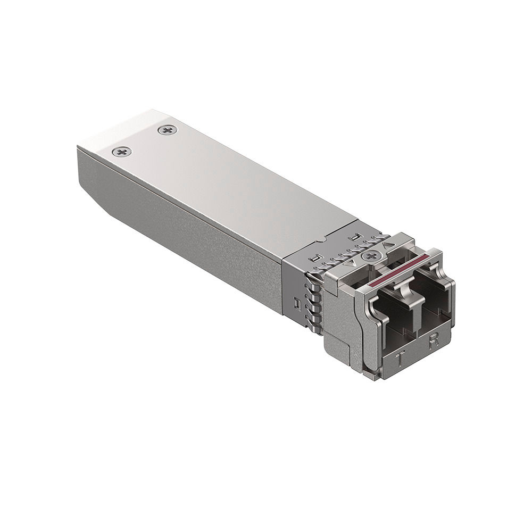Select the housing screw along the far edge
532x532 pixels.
point(168,129)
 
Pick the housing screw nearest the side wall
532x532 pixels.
point(122,152)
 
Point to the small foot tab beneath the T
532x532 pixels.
point(376,375)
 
